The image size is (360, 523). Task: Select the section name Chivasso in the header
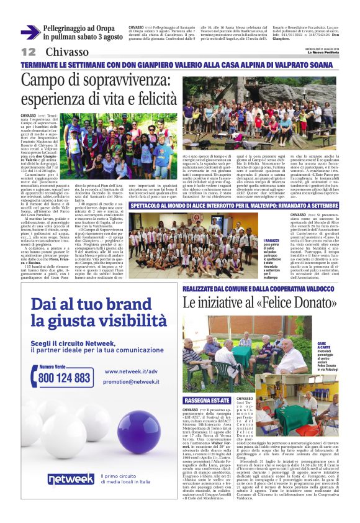pyautogui.click(x=66, y=52)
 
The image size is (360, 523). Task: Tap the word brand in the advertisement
pyautogui.click(x=137, y=304)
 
